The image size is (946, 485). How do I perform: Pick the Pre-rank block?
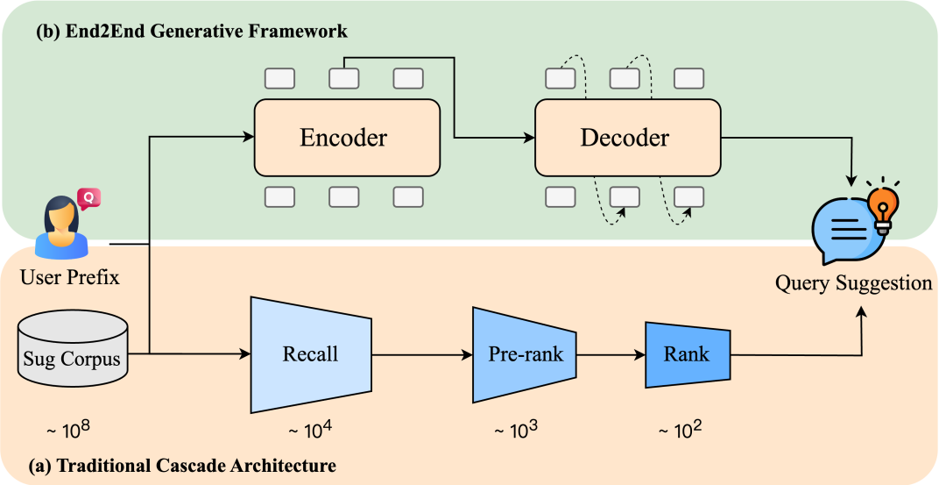(x=524, y=354)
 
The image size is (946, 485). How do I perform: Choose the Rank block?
(x=687, y=354)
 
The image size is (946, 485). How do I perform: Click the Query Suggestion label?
(x=854, y=283)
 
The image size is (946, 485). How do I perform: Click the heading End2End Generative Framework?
(x=191, y=32)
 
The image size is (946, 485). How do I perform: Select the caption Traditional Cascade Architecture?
(x=182, y=464)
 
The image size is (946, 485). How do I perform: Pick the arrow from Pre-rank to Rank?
(x=611, y=355)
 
